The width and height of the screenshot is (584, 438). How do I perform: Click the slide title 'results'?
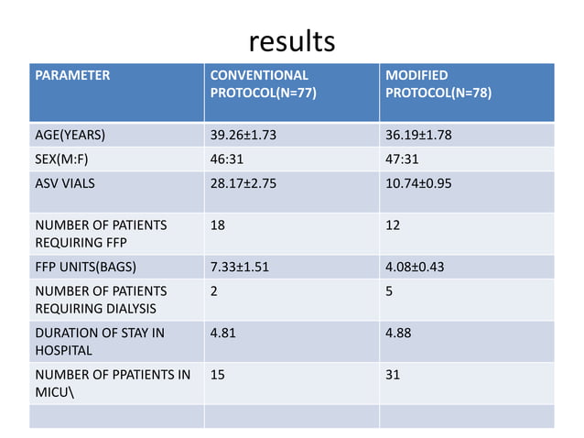(292, 41)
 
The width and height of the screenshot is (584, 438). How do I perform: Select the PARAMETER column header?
(72, 75)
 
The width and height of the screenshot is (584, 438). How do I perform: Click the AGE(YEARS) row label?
(70, 137)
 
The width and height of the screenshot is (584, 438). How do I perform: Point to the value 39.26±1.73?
(244, 137)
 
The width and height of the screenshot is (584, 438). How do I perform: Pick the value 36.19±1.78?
(418, 137)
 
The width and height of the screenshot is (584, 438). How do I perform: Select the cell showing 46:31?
(226, 159)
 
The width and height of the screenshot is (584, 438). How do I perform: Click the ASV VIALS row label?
(64, 182)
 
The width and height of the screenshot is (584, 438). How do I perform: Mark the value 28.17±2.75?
(244, 182)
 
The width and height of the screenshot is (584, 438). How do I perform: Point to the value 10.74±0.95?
(418, 182)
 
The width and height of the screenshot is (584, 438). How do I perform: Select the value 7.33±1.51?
(240, 268)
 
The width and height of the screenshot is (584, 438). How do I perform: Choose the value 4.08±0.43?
(414, 268)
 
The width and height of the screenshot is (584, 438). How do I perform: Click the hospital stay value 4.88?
(399, 333)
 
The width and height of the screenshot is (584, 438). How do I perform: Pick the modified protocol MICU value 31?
(393, 375)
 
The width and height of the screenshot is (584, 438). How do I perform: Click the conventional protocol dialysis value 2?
(214, 290)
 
